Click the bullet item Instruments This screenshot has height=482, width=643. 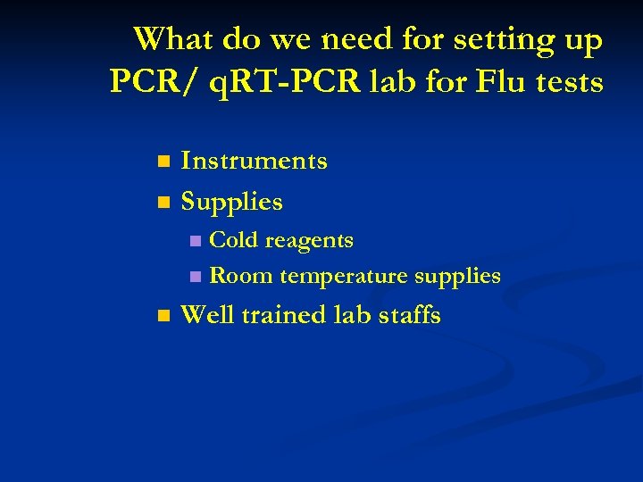254,161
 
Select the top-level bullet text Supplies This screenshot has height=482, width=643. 231,203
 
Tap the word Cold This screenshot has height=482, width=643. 234,240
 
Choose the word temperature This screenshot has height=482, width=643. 344,277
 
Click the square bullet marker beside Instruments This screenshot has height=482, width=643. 162,162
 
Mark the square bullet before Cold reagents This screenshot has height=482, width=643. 196,241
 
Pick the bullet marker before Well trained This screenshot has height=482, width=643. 162,316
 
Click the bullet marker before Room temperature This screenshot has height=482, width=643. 196,277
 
